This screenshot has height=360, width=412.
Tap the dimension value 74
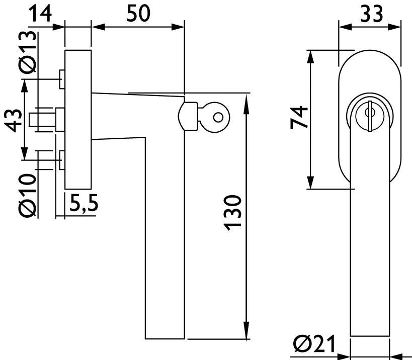(x=299, y=118)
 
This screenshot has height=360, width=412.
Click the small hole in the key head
(x=217, y=117)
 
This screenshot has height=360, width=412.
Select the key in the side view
(x=212, y=117)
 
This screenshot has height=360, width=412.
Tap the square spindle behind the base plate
(x=42, y=120)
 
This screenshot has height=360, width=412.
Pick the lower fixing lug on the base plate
(x=61, y=160)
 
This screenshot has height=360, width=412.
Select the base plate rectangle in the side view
(x=78, y=119)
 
